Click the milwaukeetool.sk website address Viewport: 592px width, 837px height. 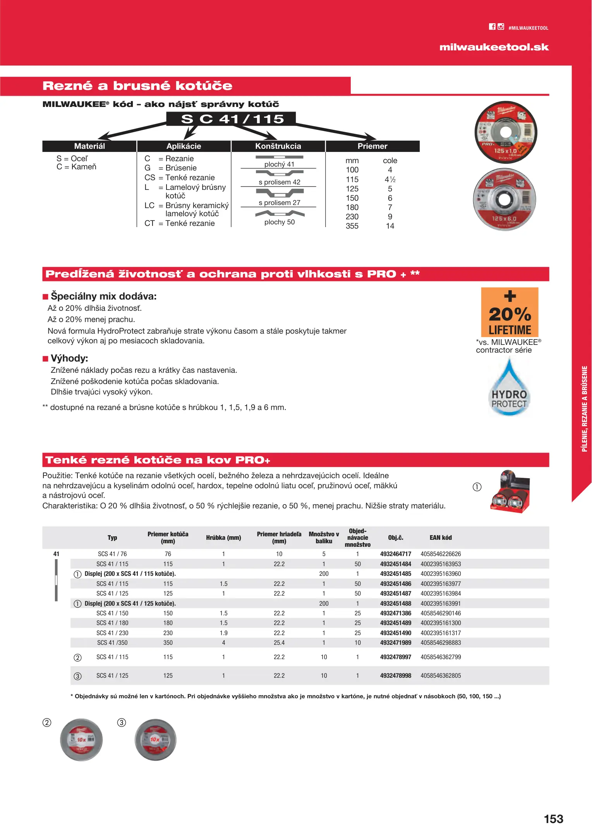(494, 47)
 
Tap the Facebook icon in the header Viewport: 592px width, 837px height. (492, 27)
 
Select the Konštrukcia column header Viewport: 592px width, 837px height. (278, 146)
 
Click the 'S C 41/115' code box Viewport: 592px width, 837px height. (232, 119)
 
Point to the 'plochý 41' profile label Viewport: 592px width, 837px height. (279, 164)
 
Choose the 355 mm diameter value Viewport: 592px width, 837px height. (352, 226)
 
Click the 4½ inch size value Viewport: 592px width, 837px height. (390, 179)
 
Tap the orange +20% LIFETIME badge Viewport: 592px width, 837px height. (510, 312)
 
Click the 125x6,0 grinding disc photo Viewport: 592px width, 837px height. (504, 200)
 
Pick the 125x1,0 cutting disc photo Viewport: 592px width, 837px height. (506, 133)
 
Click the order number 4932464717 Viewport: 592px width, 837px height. (395, 554)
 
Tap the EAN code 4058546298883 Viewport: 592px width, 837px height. (441, 643)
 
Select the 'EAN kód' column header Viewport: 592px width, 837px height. (441, 537)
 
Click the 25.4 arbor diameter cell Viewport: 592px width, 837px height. (279, 643)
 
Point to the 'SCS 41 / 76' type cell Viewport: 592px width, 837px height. (112, 554)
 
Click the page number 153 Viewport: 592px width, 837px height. (553, 819)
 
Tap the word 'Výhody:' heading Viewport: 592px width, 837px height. (69, 358)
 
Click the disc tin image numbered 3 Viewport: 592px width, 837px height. (155, 740)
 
